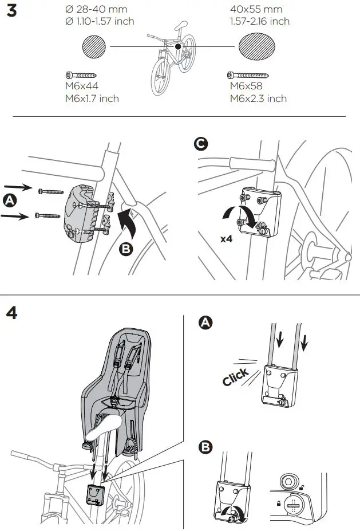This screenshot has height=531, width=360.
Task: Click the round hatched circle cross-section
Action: pyautogui.click(x=94, y=46)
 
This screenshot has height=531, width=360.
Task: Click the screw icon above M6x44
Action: pyautogui.click(x=82, y=75)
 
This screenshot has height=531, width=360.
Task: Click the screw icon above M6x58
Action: pyautogui.click(x=248, y=74)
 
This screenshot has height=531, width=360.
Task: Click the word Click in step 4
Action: pyautogui.click(x=235, y=377)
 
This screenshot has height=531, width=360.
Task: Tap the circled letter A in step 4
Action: pyautogui.click(x=203, y=323)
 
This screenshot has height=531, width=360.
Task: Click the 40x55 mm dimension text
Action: pyautogui.click(x=255, y=9)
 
